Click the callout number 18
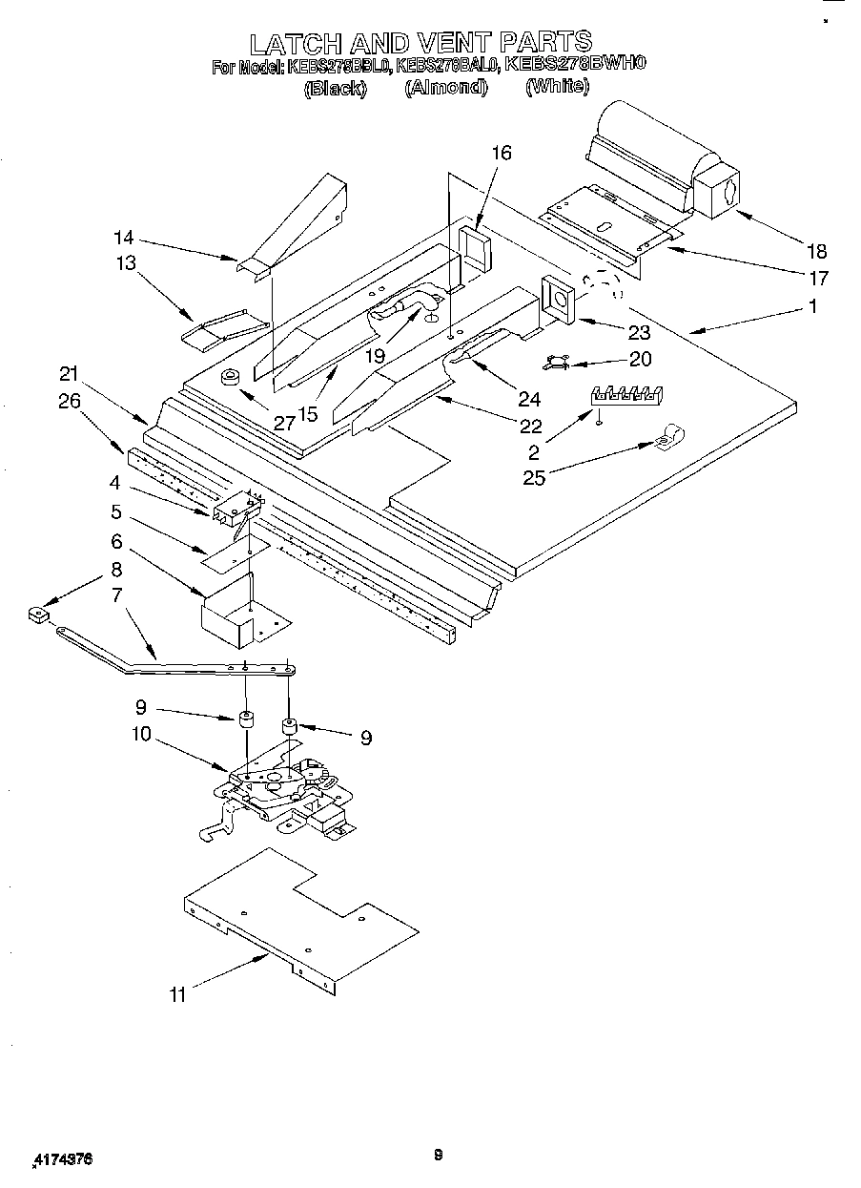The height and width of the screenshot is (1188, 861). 815,252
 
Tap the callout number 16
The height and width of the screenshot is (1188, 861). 502,153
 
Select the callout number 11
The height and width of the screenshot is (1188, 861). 177,995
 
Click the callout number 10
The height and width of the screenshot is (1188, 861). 141,736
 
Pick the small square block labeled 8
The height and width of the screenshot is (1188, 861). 38,615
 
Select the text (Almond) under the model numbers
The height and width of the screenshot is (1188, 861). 445,87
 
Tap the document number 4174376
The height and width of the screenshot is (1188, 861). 63,1159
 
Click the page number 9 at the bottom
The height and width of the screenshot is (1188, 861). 438,1156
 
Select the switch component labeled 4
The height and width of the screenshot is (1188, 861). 236,509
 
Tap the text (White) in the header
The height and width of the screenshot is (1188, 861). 557,86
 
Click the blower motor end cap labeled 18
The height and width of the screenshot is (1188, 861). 720,187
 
